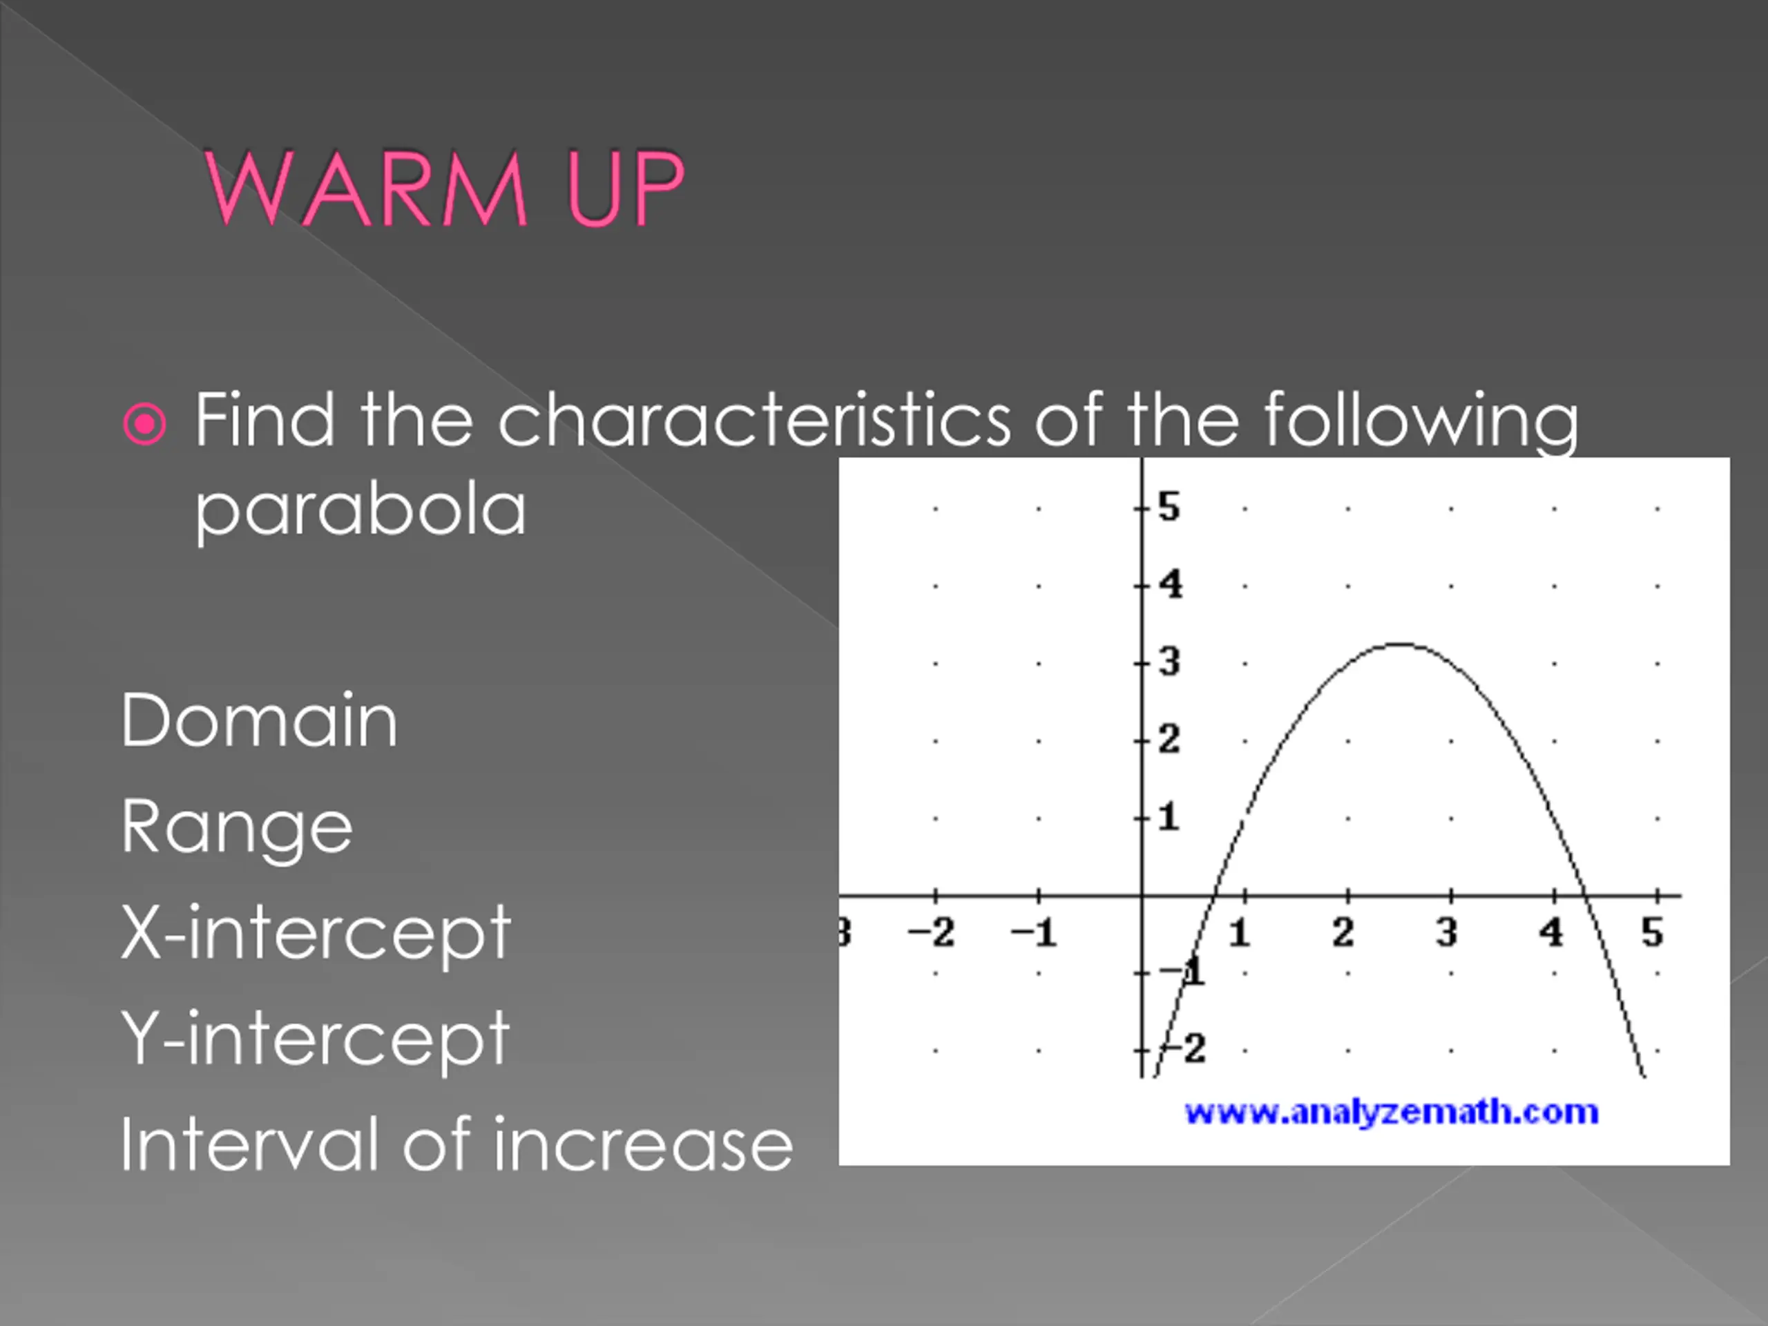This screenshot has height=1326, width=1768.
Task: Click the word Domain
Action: point(259,721)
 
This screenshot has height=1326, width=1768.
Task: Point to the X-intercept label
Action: point(316,934)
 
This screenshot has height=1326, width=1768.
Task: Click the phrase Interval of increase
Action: point(457,1144)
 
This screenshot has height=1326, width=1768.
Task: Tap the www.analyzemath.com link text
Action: point(1392,1112)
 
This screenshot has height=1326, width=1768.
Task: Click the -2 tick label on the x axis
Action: point(931,932)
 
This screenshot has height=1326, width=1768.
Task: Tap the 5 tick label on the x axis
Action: point(1652,932)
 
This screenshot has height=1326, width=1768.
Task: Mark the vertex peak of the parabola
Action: point(1399,644)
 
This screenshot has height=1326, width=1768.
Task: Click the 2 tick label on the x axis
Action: point(1343,932)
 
